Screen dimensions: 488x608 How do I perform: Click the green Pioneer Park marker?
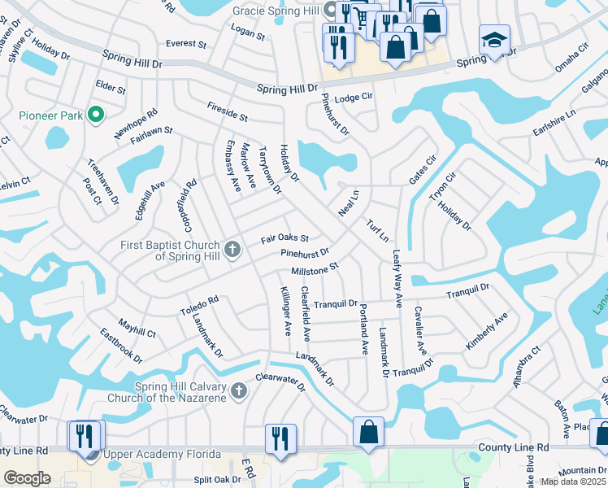click(96, 115)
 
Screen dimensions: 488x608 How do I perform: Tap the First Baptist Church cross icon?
click(232, 248)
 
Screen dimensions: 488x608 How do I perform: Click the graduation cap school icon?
click(494, 41)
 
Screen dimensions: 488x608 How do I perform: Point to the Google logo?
click(27, 478)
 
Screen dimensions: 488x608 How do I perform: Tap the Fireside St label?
click(227, 111)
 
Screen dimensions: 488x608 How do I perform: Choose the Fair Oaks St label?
click(284, 238)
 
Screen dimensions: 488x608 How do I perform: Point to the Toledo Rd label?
click(200, 306)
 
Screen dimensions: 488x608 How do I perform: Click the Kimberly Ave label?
click(486, 332)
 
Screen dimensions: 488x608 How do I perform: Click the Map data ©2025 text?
click(573, 481)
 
